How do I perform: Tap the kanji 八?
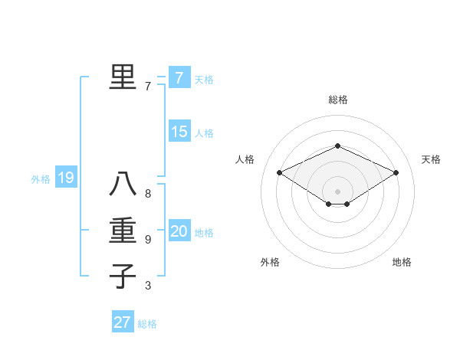tap(123, 184)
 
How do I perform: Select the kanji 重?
tap(123, 231)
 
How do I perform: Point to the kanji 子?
tap(123, 276)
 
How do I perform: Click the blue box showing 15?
tap(179, 132)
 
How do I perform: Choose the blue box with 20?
tap(179, 231)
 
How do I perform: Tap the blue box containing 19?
tap(66, 178)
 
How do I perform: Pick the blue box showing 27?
tap(123, 322)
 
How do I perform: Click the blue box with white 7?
tap(179, 78)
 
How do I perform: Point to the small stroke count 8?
tap(148, 194)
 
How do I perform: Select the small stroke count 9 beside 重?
tap(148, 240)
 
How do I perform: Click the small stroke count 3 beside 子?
tap(148, 286)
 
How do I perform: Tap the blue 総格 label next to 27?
tap(147, 324)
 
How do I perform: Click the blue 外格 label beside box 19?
tap(41, 180)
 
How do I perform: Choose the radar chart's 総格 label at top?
tap(338, 100)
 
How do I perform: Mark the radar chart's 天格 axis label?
tap(431, 159)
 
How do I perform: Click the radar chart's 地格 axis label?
tap(402, 262)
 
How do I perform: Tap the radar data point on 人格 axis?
tap(279, 172)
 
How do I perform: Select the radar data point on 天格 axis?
tap(396, 172)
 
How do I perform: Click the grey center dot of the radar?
tap(337, 191)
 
